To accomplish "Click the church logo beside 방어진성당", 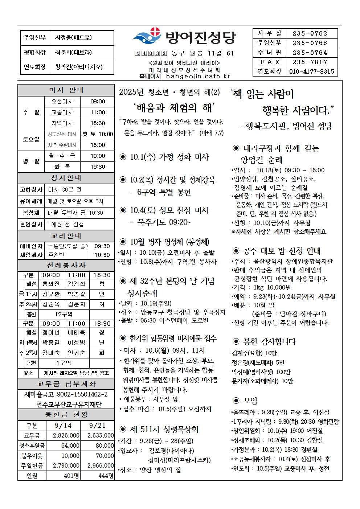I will (147, 36).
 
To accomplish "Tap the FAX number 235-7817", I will (310, 62).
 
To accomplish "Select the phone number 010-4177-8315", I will (312, 71).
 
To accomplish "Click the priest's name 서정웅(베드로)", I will (73, 37).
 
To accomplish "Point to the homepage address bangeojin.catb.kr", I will (198, 76).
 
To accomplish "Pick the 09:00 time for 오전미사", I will (98, 102).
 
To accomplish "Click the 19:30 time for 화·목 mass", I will (98, 167).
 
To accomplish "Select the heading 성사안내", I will (66, 178).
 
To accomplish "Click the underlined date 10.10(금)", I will (152, 253).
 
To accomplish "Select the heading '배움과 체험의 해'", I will (174, 108).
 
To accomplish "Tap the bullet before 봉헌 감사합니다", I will (236, 341).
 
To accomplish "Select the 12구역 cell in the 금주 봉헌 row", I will (64, 314).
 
